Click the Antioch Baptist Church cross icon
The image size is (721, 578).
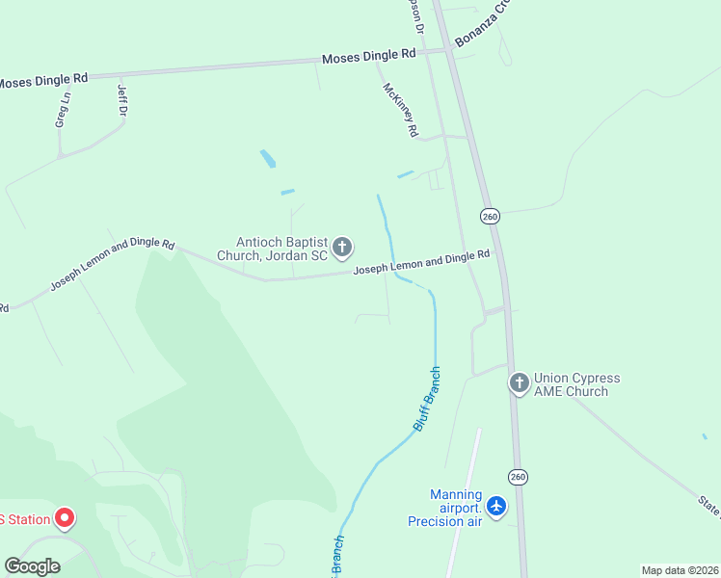pyautogui.click(x=341, y=249)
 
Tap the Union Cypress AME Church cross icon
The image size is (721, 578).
pyautogui.click(x=520, y=383)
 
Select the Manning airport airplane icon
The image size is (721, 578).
pyautogui.click(x=496, y=506)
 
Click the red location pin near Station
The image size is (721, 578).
pyautogui.click(x=65, y=518)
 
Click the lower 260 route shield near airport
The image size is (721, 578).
pyautogui.click(x=518, y=477)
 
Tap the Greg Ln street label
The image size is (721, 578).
pyautogui.click(x=62, y=110)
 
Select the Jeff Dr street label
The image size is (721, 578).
pyautogui.click(x=122, y=102)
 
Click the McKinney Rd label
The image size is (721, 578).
pyautogui.click(x=400, y=109)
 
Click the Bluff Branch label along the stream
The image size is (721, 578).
pyautogui.click(x=427, y=397)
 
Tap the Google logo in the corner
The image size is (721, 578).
pyautogui.click(x=32, y=565)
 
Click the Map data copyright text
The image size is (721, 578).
pyautogui.click(x=680, y=570)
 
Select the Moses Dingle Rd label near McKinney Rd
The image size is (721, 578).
pyautogui.click(x=368, y=57)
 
